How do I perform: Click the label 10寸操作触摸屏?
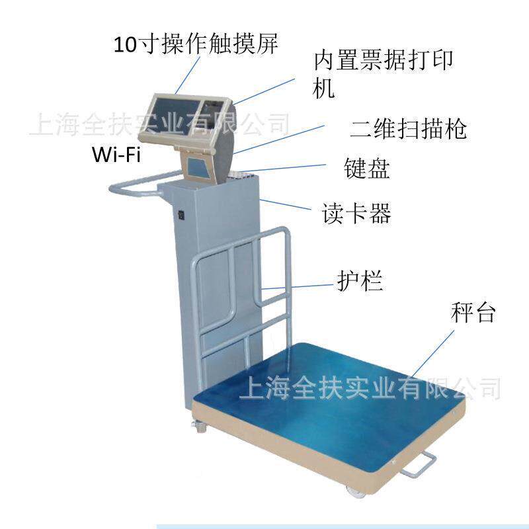(194, 44)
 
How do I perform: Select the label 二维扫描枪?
(407, 128)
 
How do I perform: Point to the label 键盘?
(367, 169)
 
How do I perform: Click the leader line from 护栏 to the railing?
(298, 288)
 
